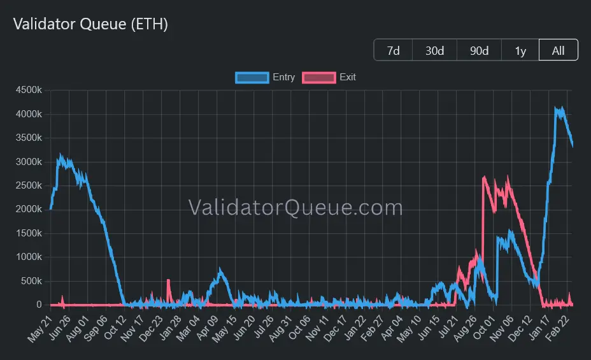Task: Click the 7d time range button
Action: pyautogui.click(x=394, y=50)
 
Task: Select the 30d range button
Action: pyautogui.click(x=434, y=50)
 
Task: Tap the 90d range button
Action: pyautogui.click(x=479, y=50)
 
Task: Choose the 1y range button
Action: pyautogui.click(x=520, y=50)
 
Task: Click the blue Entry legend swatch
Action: pyautogui.click(x=252, y=77)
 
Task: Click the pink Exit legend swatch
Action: pyautogui.click(x=319, y=77)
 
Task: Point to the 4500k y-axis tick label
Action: pyautogui.click(x=29, y=90)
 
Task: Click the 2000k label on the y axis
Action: pyautogui.click(x=29, y=210)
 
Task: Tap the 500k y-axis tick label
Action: pyautogui.click(x=32, y=281)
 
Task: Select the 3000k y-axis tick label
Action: pyautogui.click(x=29, y=162)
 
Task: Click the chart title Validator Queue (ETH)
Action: pyautogui.click(x=90, y=24)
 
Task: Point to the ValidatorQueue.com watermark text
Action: pyautogui.click(x=295, y=208)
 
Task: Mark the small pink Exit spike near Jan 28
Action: pyautogui.click(x=168, y=281)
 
